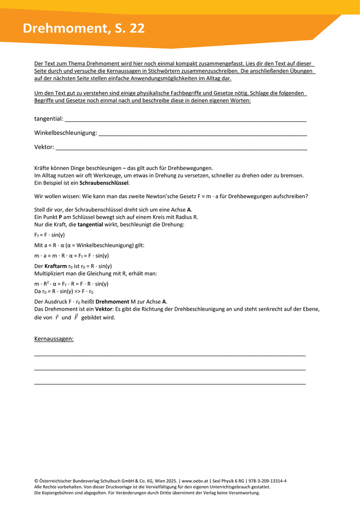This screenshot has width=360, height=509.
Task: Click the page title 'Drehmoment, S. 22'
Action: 84,28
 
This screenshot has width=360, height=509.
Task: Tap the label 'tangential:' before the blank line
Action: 49,119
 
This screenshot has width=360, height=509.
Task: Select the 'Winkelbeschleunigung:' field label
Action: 66,133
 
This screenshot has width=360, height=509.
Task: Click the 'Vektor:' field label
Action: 44,147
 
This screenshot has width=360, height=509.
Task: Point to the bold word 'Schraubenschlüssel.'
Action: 104,183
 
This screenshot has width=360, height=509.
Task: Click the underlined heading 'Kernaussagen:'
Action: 54,339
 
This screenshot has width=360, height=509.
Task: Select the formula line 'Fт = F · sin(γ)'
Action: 50,235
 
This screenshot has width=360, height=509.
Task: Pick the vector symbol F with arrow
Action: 76,317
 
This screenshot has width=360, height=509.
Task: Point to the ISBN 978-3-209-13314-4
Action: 267,481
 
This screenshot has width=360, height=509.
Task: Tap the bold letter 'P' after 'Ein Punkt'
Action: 60,217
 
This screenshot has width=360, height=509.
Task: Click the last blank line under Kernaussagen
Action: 170,383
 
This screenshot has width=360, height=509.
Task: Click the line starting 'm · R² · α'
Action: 72,284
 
